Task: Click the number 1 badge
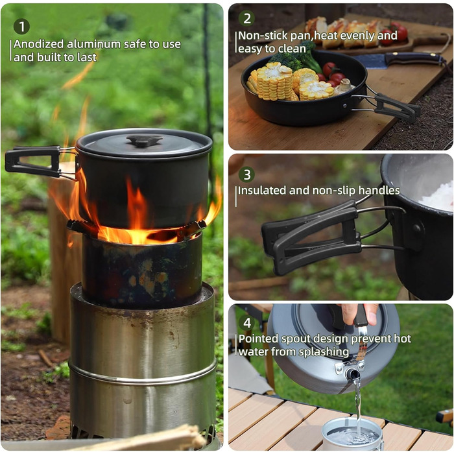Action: [21, 27]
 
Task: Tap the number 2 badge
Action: [246, 18]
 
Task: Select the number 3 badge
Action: [246, 174]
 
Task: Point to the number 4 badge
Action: [246, 322]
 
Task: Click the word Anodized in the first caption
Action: [38, 44]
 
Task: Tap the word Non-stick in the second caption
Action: [263, 36]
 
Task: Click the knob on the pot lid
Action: [144, 141]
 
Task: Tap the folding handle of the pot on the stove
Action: [38, 162]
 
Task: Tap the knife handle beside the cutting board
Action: [414, 60]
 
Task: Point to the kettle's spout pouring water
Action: [353, 374]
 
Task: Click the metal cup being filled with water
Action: [352, 435]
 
